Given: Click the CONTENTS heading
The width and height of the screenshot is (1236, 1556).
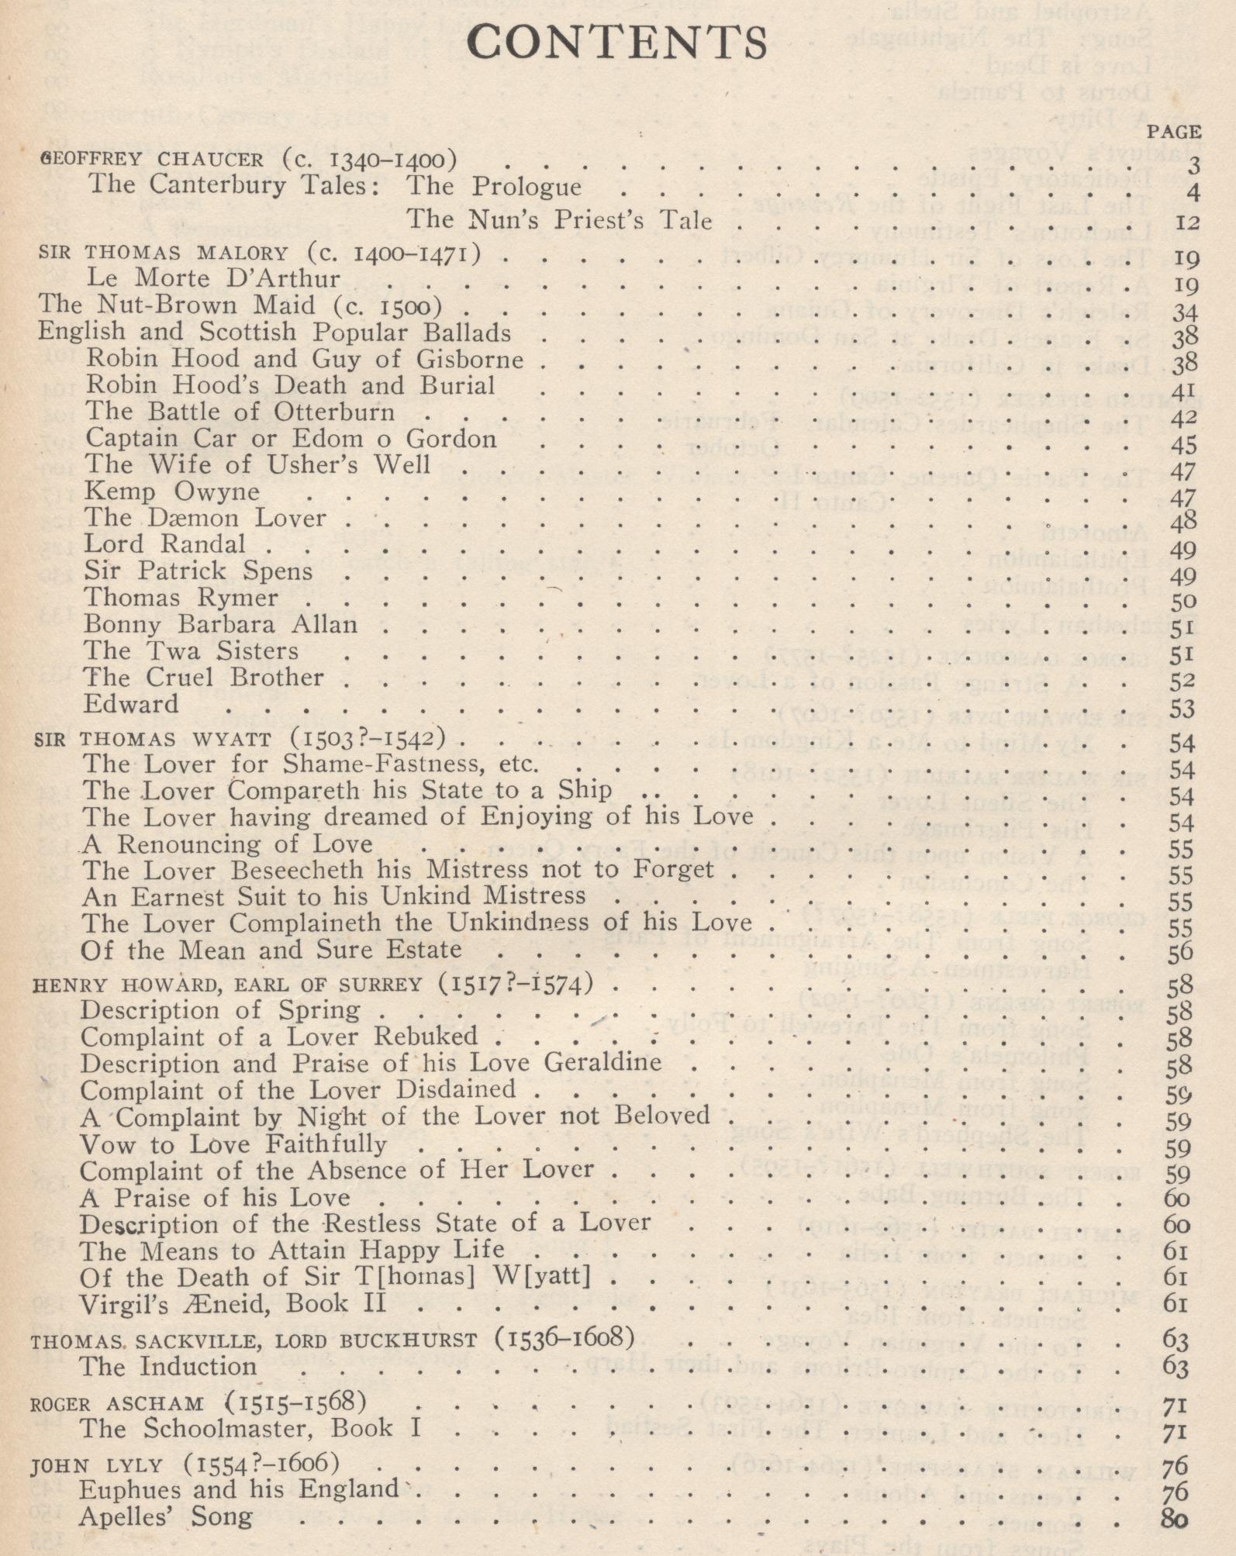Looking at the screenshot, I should [618, 43].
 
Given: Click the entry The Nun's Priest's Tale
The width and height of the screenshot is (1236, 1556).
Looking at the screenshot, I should [559, 220].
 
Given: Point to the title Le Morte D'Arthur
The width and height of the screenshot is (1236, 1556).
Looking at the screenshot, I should [212, 278].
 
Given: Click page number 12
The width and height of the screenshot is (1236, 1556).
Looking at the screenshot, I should [1186, 223].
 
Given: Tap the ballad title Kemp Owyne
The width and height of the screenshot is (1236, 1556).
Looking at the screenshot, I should [172, 492].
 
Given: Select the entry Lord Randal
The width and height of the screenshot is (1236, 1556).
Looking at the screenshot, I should [164, 544].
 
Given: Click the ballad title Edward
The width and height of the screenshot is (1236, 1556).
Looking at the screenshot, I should [131, 704].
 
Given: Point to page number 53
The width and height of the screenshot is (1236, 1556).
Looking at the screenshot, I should [1182, 709].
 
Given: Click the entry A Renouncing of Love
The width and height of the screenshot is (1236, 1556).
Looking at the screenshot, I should [227, 844].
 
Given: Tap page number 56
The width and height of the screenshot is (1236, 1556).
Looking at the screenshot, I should [1180, 954].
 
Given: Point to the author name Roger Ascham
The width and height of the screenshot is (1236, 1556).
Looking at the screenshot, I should [117, 1404].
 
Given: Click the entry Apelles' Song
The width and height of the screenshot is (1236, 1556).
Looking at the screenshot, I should [165, 1517].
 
